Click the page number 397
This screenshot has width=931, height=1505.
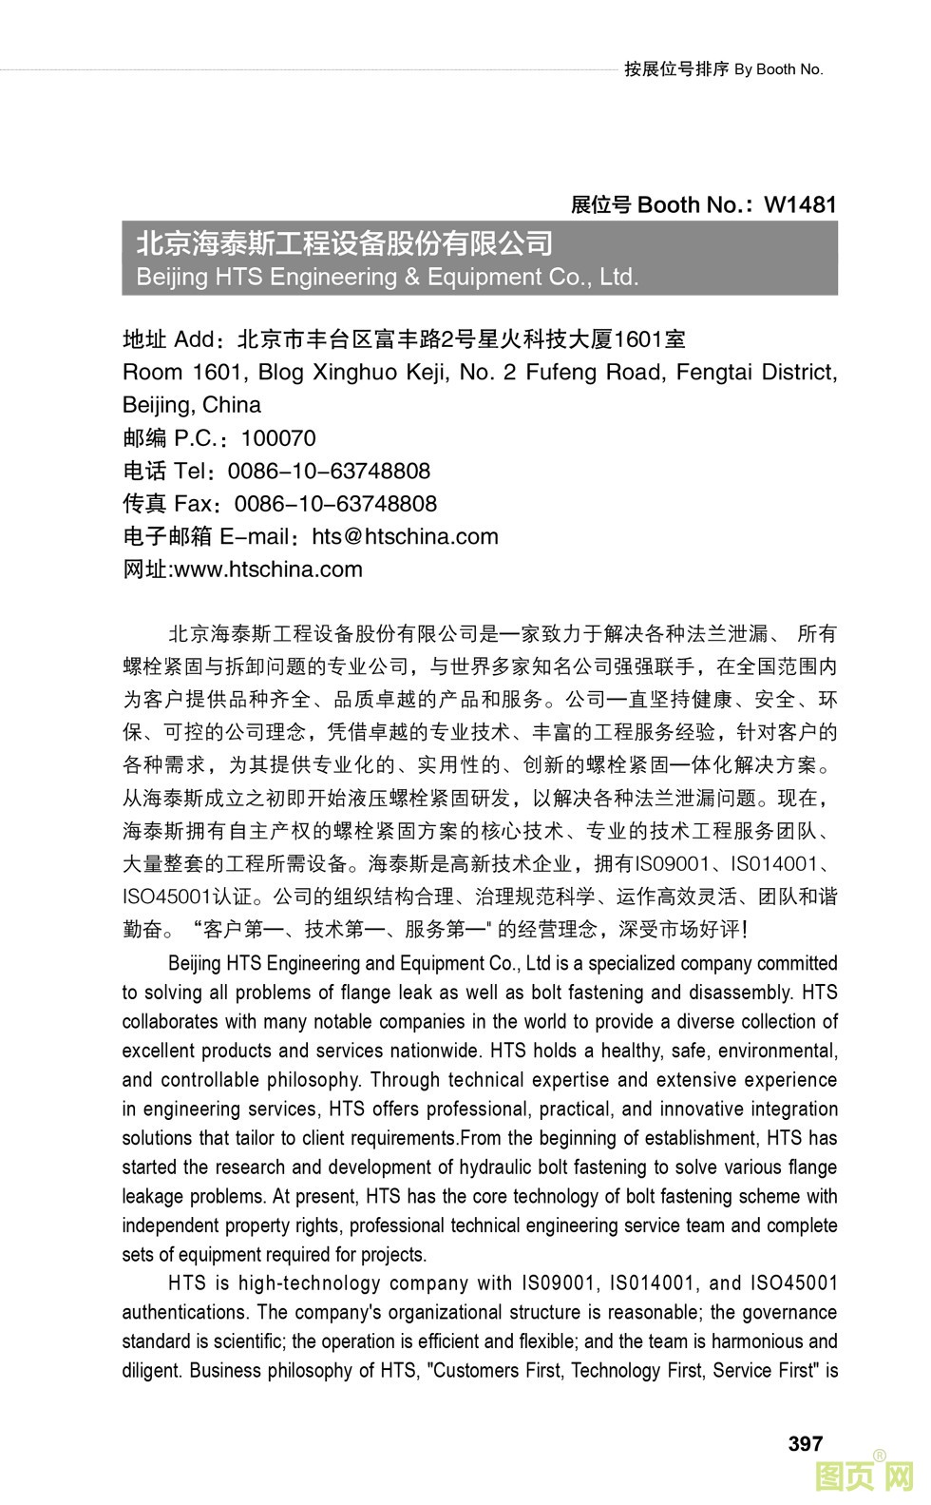[x=805, y=1443]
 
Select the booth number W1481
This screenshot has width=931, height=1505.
[x=800, y=204]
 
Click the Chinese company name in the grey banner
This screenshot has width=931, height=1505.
[x=344, y=244]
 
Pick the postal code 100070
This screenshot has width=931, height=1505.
[x=278, y=438]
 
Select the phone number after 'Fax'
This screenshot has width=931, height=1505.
[x=335, y=504]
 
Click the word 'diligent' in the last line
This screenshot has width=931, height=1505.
[x=151, y=1371]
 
